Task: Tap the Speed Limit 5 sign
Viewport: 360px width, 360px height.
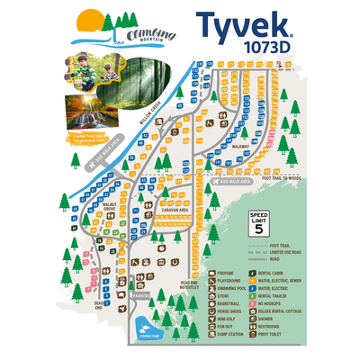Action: pyautogui.click(x=258, y=222)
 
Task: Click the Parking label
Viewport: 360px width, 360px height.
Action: pyautogui.click(x=141, y=294)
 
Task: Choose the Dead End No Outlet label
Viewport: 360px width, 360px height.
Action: pyautogui.click(x=188, y=285)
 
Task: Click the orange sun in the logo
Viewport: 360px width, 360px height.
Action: pyautogui.click(x=88, y=21)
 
